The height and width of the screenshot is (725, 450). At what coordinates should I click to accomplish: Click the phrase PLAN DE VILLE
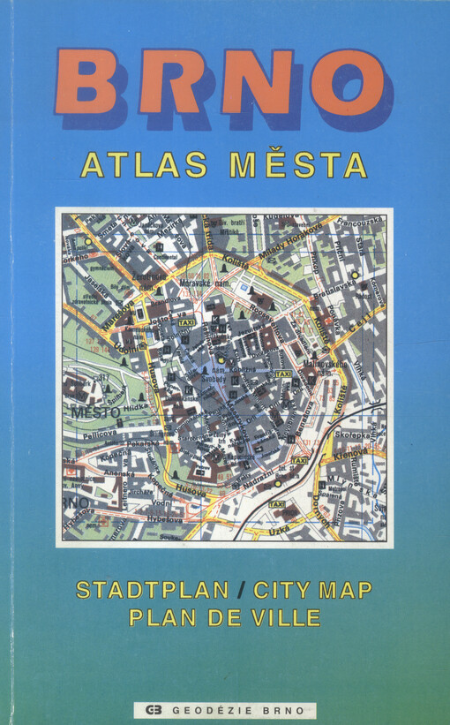pyautogui.click(x=224, y=617)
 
